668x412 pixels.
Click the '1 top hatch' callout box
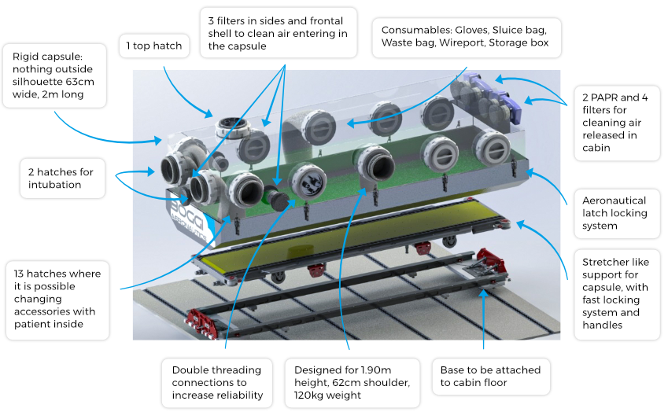click(154, 46)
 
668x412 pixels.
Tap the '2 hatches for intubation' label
click(62, 178)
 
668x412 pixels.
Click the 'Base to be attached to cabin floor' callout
click(491, 377)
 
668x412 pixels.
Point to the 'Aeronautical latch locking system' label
click(617, 213)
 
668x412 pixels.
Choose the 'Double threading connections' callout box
click(217, 383)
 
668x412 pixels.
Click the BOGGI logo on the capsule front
click(187, 219)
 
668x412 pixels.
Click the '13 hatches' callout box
click(57, 300)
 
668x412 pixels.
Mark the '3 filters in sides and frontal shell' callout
click(279, 33)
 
